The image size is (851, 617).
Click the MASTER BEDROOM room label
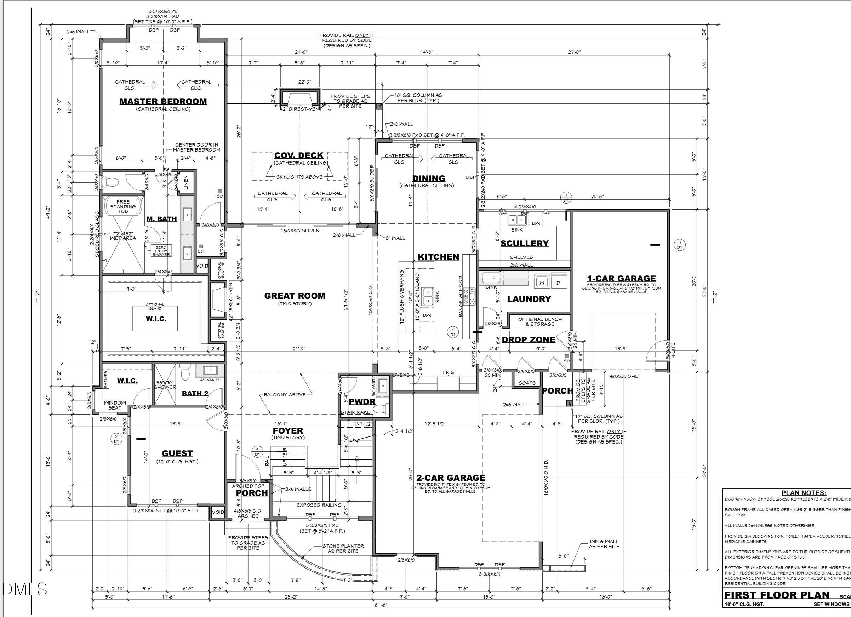(x=163, y=101)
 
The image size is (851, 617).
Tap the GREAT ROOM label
(x=295, y=296)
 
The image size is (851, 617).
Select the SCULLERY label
(x=525, y=243)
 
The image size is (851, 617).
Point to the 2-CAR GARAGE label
(x=450, y=478)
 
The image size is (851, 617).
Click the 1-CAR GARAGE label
(x=621, y=279)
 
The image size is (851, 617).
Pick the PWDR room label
(x=362, y=401)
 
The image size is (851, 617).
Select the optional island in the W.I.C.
(x=155, y=318)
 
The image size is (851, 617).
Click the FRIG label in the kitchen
(x=449, y=372)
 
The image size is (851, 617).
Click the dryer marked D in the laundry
(x=558, y=282)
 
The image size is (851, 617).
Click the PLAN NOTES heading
(x=803, y=493)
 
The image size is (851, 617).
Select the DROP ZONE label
(x=528, y=339)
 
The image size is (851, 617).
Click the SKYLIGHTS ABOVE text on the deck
(x=299, y=177)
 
